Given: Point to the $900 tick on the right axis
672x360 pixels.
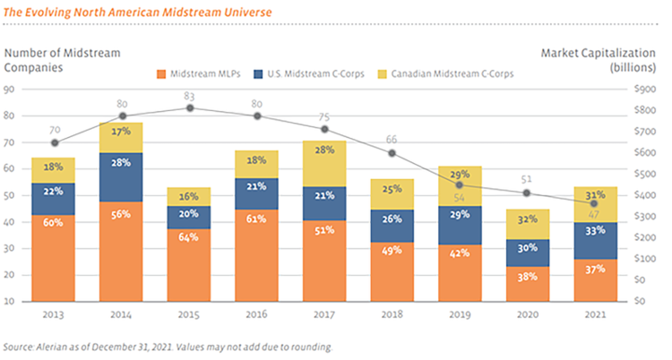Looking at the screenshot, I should pyautogui.click(x=645, y=90).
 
